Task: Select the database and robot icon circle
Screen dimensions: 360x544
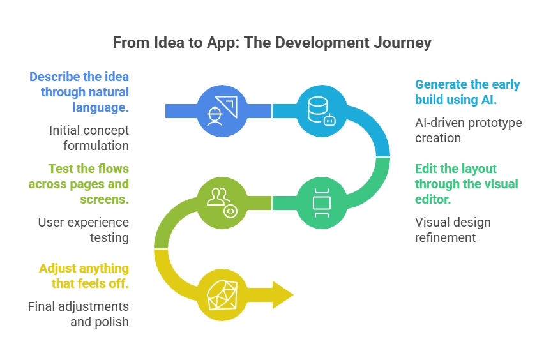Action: [x=321, y=111]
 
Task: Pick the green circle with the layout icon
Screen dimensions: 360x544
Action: [x=321, y=202]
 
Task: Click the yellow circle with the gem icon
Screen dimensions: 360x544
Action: [x=222, y=295]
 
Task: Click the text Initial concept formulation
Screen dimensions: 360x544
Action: [x=89, y=138]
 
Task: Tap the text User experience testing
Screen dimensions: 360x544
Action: [x=83, y=230]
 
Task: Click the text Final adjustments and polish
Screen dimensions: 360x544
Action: [x=79, y=314]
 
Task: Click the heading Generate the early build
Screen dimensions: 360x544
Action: [x=467, y=92]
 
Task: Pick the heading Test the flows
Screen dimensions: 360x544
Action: [x=79, y=184]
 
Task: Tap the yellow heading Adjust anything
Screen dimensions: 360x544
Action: [x=84, y=276]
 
